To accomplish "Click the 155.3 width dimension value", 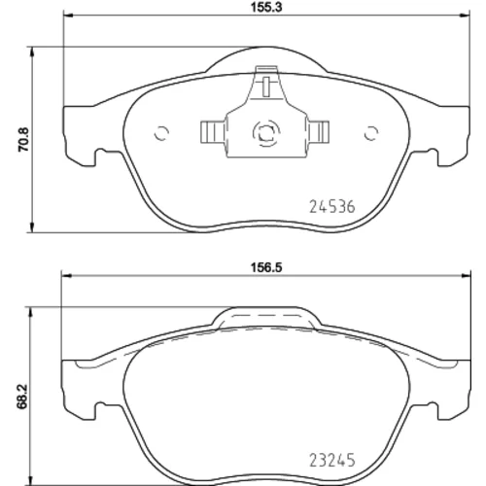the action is pyautogui.click(x=266, y=8).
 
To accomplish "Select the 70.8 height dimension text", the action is pyautogui.click(x=23, y=139).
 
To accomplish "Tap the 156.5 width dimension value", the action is pyautogui.click(x=266, y=267).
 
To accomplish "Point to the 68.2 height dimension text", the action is pyautogui.click(x=23, y=398).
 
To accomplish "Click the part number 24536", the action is pyautogui.click(x=332, y=207).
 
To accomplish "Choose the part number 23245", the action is pyautogui.click(x=332, y=460).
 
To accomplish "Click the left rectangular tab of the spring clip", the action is pyautogui.click(x=213, y=132).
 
